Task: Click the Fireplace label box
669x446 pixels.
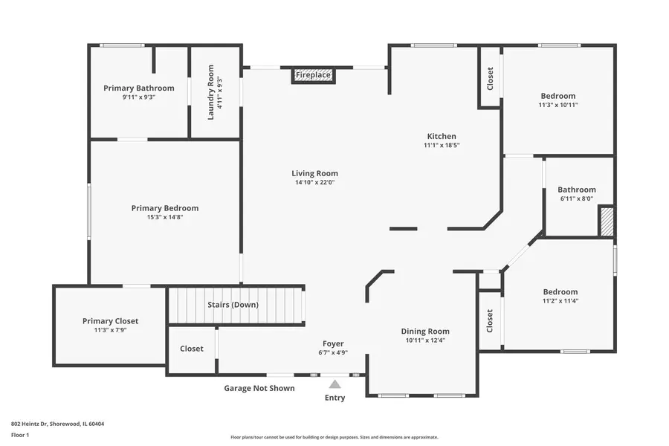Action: [x=313, y=75]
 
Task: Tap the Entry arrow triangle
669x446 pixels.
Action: [x=335, y=384]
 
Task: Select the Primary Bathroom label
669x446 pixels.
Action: [x=139, y=88]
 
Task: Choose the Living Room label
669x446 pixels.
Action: [x=314, y=173]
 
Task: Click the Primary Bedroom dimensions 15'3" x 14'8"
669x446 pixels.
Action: [x=165, y=218]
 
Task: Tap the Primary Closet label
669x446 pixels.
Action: [x=110, y=321]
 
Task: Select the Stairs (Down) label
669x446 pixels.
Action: [x=233, y=305]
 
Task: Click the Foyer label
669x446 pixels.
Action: [x=332, y=343]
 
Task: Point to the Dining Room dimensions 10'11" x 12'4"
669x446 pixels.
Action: [x=425, y=340]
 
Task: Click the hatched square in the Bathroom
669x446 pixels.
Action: [x=607, y=222]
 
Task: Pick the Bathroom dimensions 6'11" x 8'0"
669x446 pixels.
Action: [x=577, y=198]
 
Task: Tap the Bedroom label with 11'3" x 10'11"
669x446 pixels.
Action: [x=557, y=96]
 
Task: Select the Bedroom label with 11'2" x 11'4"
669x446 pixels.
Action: [x=560, y=292]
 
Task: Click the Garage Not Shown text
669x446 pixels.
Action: [x=259, y=388]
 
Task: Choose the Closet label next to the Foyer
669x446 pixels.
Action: [x=192, y=348]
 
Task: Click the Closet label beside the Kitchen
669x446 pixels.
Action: [x=490, y=79]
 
